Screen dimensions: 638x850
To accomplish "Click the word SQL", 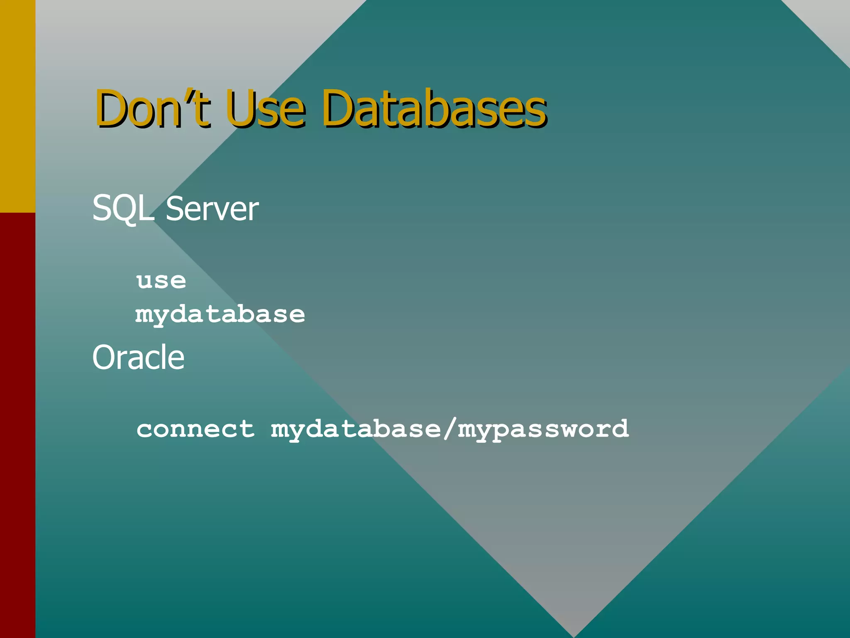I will click(122, 209).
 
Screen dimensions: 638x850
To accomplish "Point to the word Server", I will click(212, 209).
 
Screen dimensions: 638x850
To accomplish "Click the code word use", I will click(161, 281).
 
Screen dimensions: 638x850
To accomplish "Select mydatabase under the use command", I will click(220, 314).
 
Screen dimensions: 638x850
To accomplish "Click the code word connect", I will click(195, 429).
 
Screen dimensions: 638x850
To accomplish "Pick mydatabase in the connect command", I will click(356, 429).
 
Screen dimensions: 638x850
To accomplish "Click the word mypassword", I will click(543, 429).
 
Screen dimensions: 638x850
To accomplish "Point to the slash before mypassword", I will click(449, 429).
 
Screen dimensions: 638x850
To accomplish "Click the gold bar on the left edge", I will click(17, 106).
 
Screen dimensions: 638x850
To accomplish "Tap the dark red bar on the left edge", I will click(17, 424).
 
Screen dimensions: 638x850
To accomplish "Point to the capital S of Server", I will click(174, 209).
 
